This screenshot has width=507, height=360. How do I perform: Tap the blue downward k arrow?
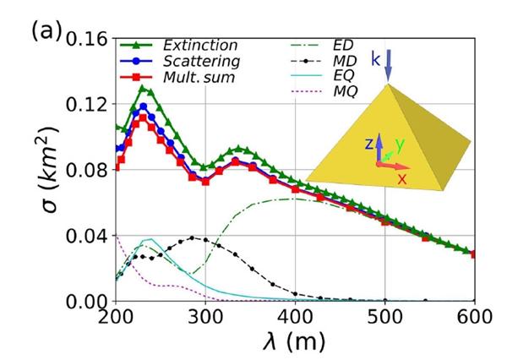pyautogui.click(x=388, y=66)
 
